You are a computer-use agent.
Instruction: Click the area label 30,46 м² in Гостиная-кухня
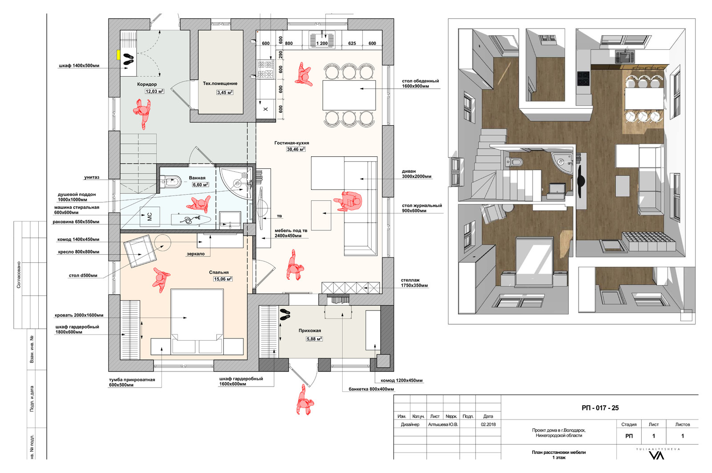click(296, 149)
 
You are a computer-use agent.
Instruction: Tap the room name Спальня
click(218, 272)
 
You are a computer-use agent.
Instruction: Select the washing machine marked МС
click(150, 216)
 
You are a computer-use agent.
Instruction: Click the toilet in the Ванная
click(171, 183)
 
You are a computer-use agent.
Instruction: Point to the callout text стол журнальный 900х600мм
click(422, 208)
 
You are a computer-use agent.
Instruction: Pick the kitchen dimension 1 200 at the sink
click(322, 43)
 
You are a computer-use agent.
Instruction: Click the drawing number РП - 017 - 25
click(600, 408)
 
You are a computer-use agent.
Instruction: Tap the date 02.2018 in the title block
click(488, 424)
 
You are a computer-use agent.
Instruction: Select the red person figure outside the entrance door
click(304, 400)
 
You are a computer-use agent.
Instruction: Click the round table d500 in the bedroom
click(162, 242)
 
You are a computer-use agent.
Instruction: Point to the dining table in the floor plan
click(349, 95)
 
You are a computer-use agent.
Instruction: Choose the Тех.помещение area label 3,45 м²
click(225, 92)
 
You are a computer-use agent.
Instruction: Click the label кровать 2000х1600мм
click(79, 315)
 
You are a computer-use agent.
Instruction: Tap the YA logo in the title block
click(656, 456)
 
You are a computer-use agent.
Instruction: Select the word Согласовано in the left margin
click(18, 275)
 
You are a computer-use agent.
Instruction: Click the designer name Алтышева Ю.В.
click(443, 424)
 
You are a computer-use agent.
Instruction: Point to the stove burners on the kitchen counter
click(266, 69)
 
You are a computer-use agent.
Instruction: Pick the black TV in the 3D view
click(580, 180)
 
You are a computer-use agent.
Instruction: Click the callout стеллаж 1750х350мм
click(414, 283)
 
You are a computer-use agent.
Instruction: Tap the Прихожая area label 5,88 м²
click(314, 339)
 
